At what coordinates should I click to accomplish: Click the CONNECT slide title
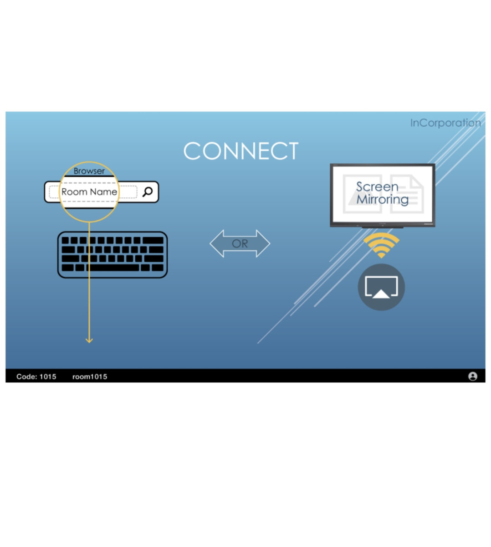[x=240, y=151]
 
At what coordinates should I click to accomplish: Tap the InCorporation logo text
[x=445, y=123]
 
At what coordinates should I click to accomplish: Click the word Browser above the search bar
[x=89, y=171]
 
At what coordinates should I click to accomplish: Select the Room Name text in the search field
[x=89, y=192]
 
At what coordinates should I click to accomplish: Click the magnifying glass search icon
[x=148, y=192]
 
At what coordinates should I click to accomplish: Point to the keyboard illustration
[x=113, y=255]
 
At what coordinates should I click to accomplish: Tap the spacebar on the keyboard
[x=113, y=268]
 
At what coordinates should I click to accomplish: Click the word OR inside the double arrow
[x=240, y=244]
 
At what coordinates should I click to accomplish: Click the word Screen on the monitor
[x=377, y=187]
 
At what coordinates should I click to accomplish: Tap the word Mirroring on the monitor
[x=382, y=199]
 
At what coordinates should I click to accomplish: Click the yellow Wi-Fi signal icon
[x=381, y=245]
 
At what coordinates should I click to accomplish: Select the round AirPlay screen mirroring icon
[x=381, y=287]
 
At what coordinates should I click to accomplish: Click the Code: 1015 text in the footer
[x=36, y=377]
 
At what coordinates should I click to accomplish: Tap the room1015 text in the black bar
[x=90, y=377]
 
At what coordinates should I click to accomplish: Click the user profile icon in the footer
[x=473, y=376]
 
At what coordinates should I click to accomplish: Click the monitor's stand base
[x=383, y=227]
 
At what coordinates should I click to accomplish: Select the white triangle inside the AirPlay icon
[x=381, y=294]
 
